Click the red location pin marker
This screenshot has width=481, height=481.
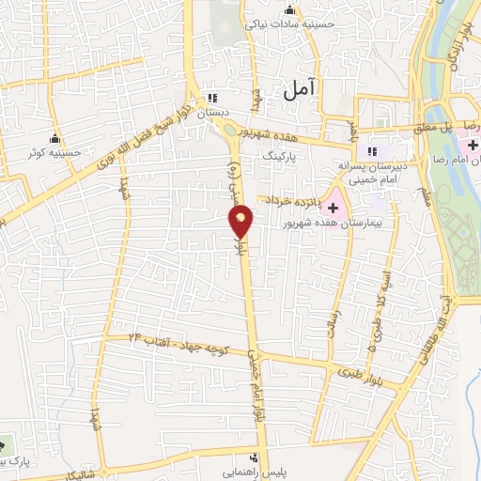coord(241,222)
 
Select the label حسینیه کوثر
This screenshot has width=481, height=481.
coord(48,151)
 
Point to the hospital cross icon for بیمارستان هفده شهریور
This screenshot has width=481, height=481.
coord(333,207)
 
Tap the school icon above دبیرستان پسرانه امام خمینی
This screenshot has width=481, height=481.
coord(372,150)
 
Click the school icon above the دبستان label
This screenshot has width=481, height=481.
coord(212,97)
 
